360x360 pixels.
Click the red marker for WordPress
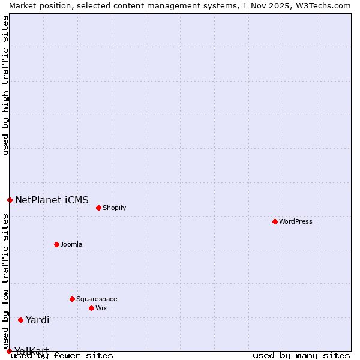[x=275, y=221]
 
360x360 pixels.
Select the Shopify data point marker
[x=98, y=208]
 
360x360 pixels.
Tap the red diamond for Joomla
[x=56, y=244]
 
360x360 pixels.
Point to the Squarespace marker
[x=72, y=299]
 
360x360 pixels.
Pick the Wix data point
[x=91, y=308]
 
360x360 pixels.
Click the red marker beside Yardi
[x=20, y=320]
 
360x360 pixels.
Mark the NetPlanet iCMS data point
[x=10, y=200]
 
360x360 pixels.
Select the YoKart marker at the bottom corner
[x=9, y=351]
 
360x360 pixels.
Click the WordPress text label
[x=296, y=221]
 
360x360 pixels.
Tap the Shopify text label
[x=114, y=208]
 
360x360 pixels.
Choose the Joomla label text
[x=71, y=244]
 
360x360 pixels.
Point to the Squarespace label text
[x=97, y=299]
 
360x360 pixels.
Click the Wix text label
[x=101, y=308]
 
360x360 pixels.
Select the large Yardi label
[x=37, y=320]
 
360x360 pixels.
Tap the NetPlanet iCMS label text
[x=52, y=200]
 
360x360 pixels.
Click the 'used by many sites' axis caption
[x=301, y=355]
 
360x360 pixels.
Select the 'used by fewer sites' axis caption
[x=62, y=355]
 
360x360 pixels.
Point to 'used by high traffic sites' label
[x=5, y=85]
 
